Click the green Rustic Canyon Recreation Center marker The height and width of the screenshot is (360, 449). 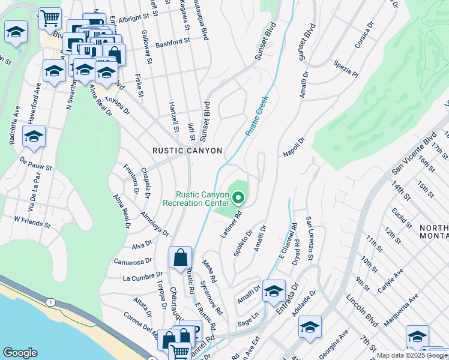[x=238, y=197]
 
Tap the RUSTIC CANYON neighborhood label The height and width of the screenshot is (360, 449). [x=187, y=151]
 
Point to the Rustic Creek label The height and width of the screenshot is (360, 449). [x=256, y=115]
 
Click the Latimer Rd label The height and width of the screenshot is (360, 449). [x=231, y=224]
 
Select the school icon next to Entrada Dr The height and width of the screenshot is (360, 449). [x=274, y=291]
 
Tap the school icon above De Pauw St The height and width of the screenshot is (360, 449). [x=34, y=136]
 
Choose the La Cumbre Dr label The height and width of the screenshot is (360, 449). [x=139, y=278]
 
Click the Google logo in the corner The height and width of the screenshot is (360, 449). [x=20, y=353]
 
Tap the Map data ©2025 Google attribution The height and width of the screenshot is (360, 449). [x=412, y=355]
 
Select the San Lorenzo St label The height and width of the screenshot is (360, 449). [x=310, y=238]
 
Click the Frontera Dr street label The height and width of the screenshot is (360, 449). [x=131, y=181]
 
